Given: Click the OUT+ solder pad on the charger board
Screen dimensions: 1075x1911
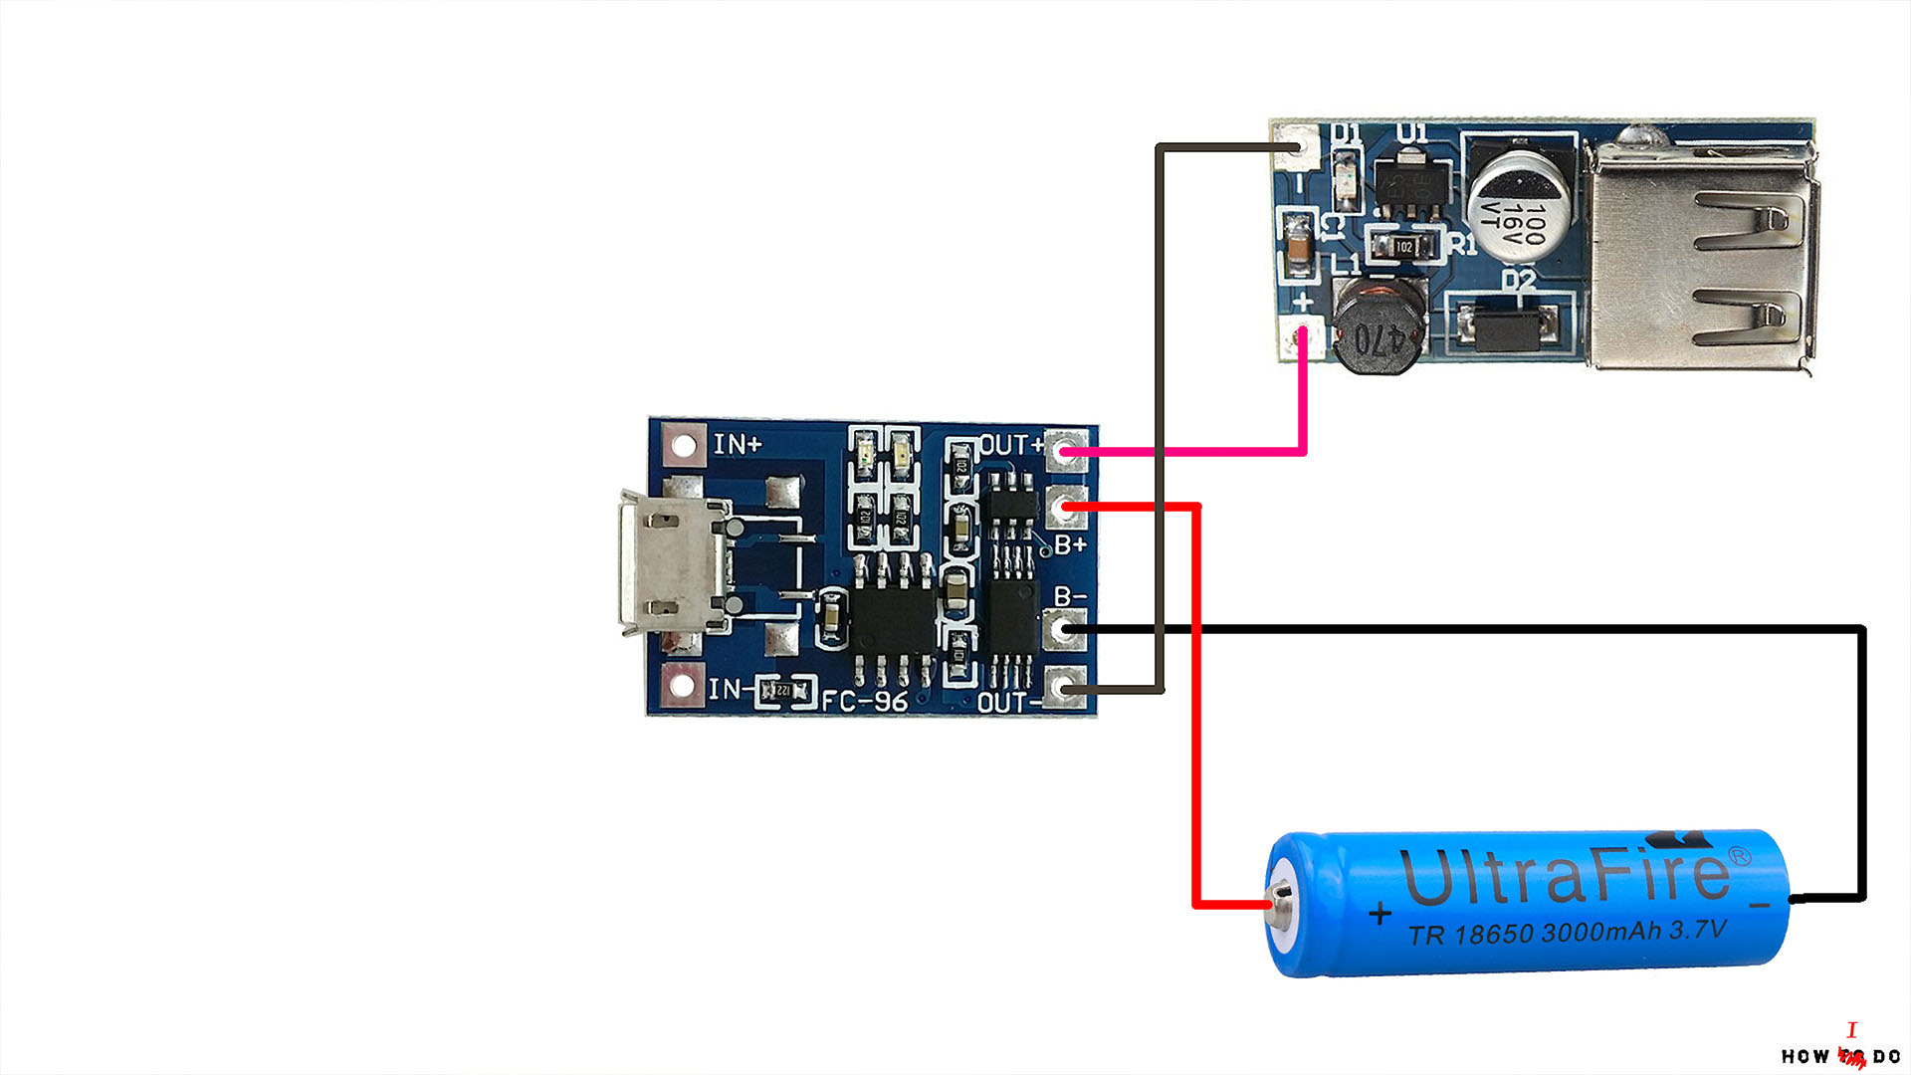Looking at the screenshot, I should pos(1066,451).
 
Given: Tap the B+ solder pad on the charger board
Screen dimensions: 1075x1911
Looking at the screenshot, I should pos(1066,508).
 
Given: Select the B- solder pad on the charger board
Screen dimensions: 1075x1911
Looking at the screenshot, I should pos(1066,628).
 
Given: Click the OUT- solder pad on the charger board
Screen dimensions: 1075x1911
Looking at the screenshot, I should pos(1066,689).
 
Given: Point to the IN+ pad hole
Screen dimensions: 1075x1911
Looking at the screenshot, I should pos(683,444).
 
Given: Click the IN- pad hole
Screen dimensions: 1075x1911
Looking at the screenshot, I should pos(683,686).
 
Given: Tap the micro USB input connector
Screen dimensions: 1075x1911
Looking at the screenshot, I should pos(667,562).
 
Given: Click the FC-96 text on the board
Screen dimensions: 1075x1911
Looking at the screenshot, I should pos(864,701).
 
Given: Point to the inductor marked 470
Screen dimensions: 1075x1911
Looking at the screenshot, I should pos(1380,326).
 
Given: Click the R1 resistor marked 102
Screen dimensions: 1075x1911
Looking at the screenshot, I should pos(1404,245).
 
